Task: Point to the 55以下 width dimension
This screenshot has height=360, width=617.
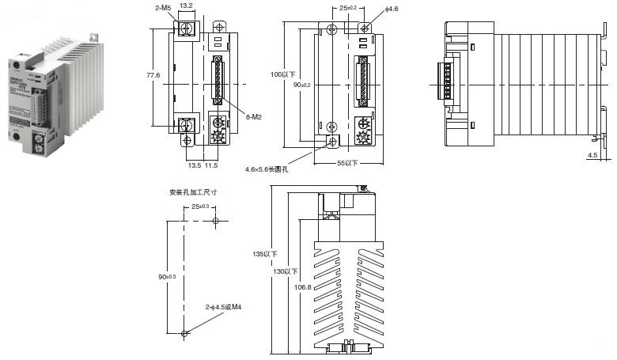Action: pos(346,164)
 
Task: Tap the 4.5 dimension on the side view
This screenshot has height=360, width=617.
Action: pos(592,156)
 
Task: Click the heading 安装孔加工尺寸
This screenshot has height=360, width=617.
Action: pos(193,191)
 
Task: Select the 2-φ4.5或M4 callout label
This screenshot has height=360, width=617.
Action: pos(223,306)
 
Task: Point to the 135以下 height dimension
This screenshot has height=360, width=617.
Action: pos(263,254)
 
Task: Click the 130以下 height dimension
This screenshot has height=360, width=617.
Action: pos(282,271)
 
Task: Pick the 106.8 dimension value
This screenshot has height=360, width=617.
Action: pos(303,287)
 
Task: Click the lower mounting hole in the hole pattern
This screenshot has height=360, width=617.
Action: pos(184,333)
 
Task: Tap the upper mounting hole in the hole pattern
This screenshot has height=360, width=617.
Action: pos(215,222)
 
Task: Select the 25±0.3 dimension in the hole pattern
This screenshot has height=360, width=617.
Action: pos(202,207)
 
